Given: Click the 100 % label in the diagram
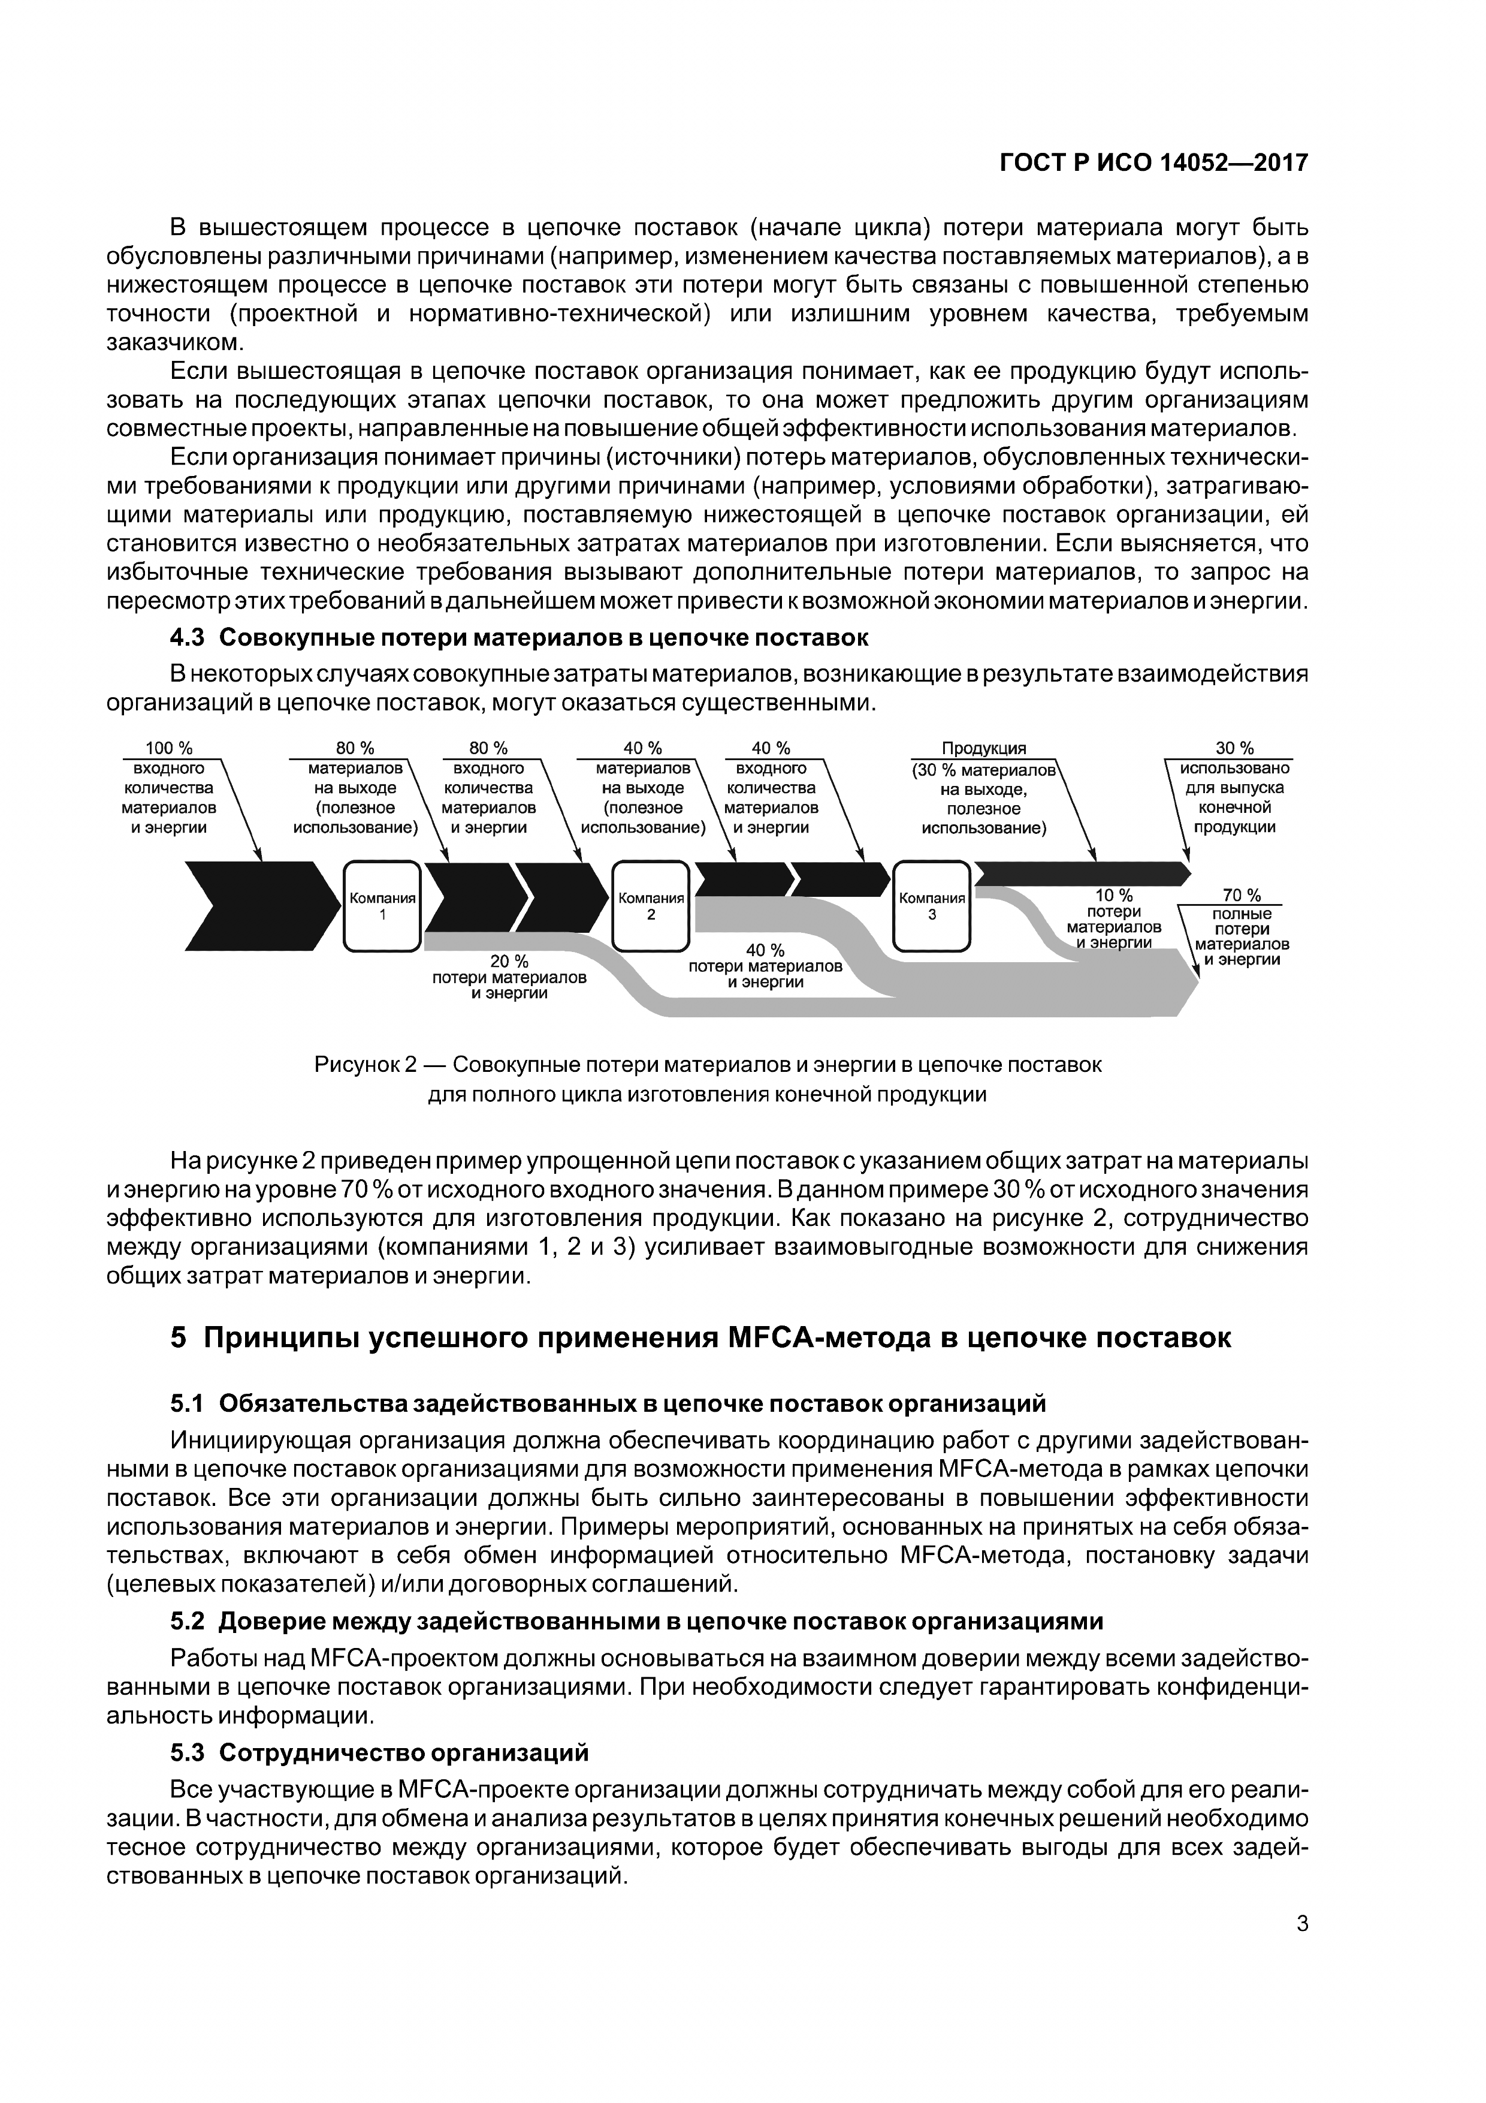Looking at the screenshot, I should (x=170, y=748).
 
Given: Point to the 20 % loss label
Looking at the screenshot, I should (x=509, y=961).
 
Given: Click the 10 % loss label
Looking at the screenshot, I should (x=1113, y=896).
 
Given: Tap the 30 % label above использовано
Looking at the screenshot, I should (x=1234, y=748).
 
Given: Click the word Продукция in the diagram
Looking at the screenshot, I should (x=984, y=748).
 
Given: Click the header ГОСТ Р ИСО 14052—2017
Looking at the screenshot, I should (x=1153, y=163).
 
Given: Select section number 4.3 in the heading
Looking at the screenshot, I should (x=188, y=637).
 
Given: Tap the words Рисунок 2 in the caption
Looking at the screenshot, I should (x=366, y=1065).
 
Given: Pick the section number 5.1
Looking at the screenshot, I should (x=188, y=1403).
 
